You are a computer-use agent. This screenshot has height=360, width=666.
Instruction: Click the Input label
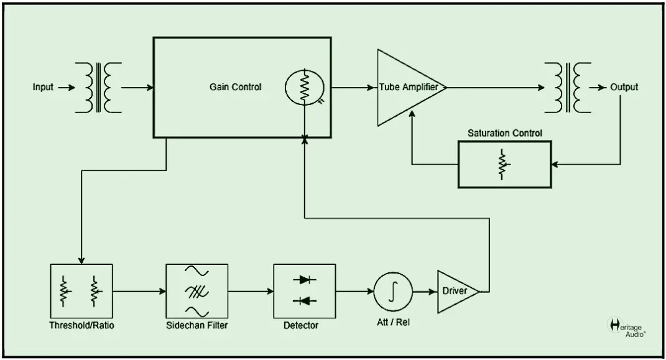pyautogui.click(x=43, y=87)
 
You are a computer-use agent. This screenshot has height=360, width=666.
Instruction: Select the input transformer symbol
pyautogui.click(x=98, y=87)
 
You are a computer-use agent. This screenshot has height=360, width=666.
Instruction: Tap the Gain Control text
pyautogui.click(x=235, y=87)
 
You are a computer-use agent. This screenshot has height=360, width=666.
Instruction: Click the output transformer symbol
pyautogui.click(x=568, y=87)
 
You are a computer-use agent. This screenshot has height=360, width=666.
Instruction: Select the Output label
pyautogui.click(x=624, y=87)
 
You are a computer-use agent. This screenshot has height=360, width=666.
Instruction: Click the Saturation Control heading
pyautogui.click(x=504, y=133)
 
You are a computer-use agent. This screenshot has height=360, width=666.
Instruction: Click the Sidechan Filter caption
pyautogui.click(x=197, y=325)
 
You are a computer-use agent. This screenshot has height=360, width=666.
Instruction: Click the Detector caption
pyautogui.click(x=302, y=325)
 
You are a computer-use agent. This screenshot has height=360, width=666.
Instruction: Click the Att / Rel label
pyautogui.click(x=394, y=323)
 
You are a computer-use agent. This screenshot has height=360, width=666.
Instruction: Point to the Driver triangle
pyautogui.click(x=456, y=291)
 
